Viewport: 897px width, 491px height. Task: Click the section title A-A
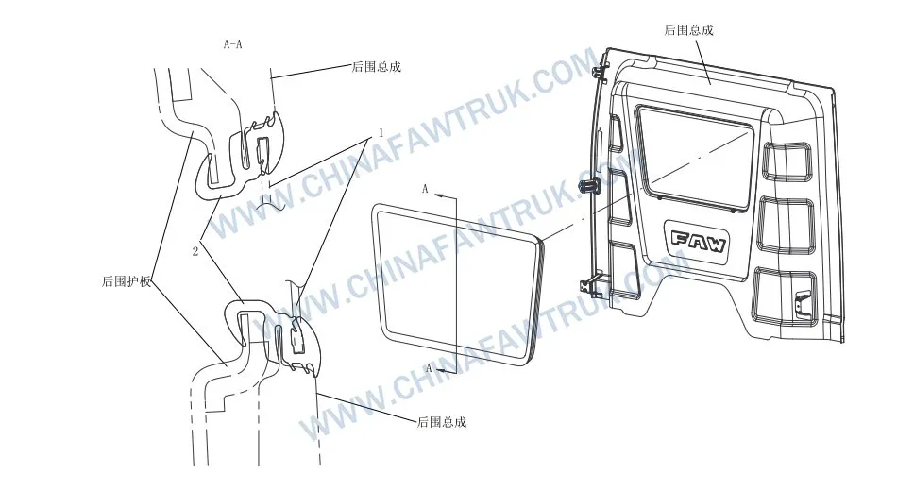(x=232, y=43)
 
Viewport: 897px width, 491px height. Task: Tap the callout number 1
(x=379, y=135)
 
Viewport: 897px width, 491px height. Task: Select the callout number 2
(x=195, y=251)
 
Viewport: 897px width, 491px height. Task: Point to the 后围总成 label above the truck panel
(x=688, y=30)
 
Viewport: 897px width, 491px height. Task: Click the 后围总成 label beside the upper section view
(x=376, y=67)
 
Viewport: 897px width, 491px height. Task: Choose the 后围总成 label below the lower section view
(x=441, y=422)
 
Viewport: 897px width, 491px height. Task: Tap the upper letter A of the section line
(x=426, y=190)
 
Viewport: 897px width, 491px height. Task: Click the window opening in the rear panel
(x=696, y=150)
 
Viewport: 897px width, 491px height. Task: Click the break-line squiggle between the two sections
(x=274, y=201)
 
